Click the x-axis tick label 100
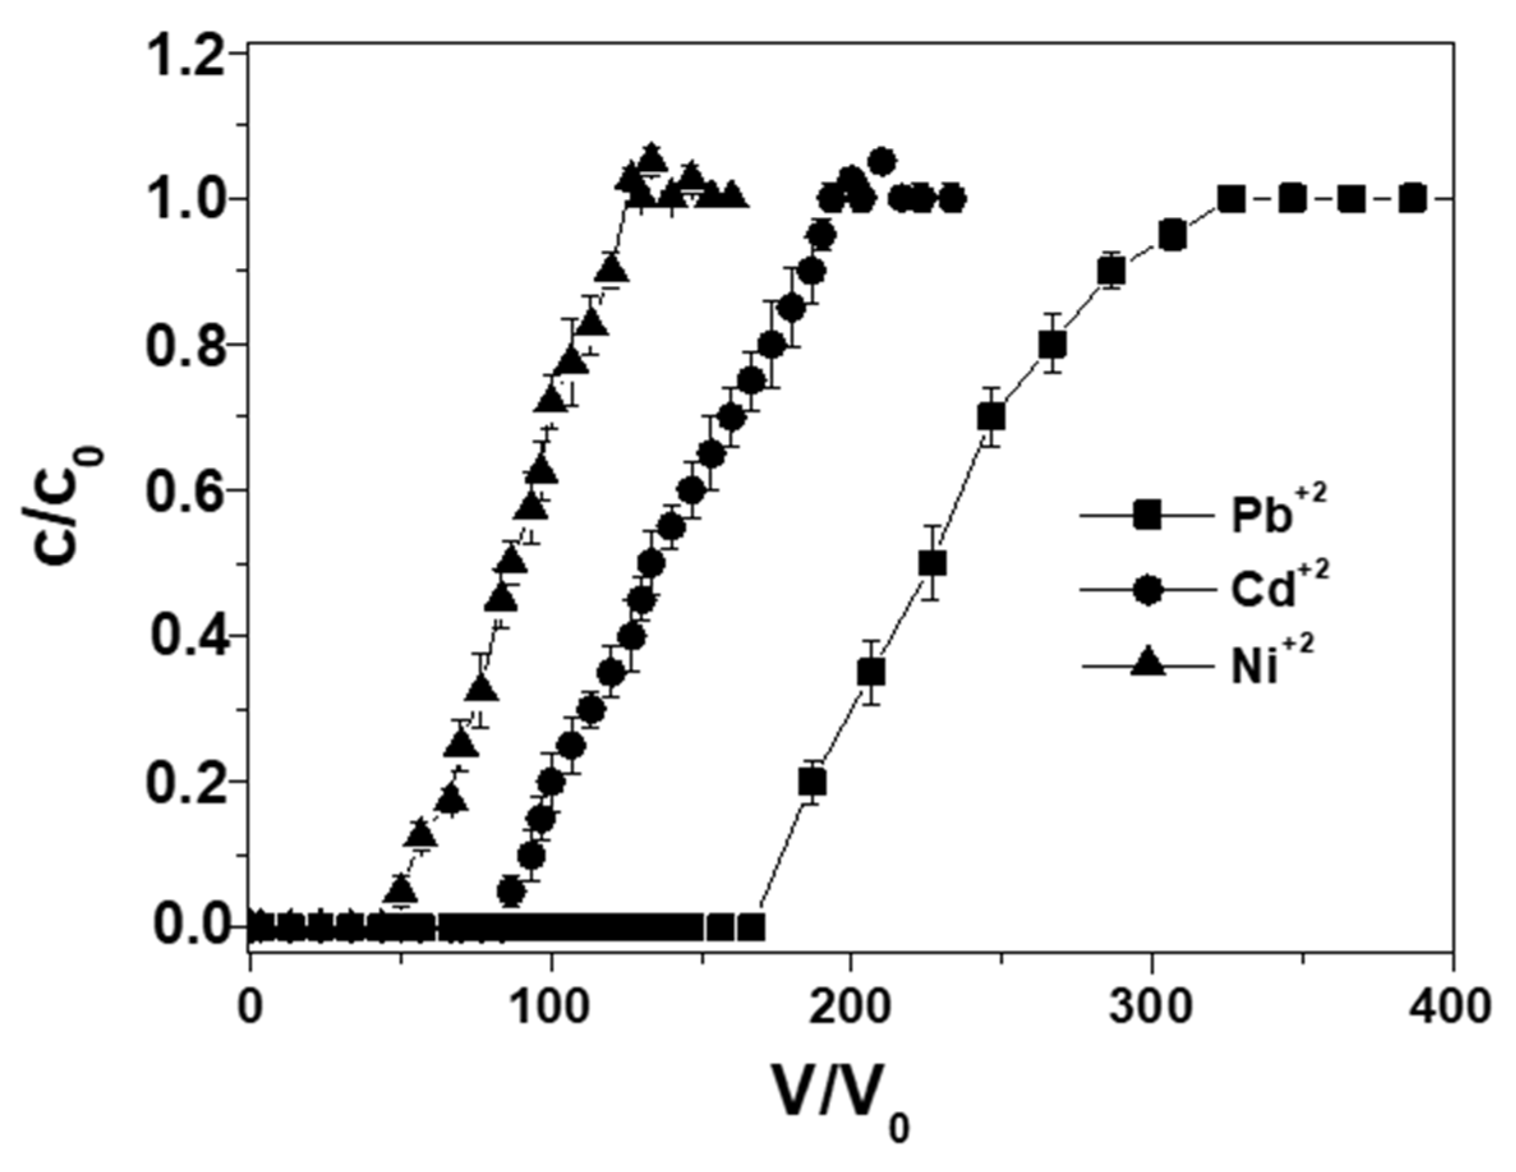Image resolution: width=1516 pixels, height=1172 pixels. click(x=551, y=1007)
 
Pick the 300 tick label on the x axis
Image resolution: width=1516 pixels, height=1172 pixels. click(x=1152, y=1007)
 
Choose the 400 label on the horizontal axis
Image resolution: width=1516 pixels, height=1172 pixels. click(x=1452, y=1007)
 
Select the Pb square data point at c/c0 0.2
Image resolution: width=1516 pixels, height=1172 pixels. click(x=812, y=783)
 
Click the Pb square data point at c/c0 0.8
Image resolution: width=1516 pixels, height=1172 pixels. click(x=1052, y=345)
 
